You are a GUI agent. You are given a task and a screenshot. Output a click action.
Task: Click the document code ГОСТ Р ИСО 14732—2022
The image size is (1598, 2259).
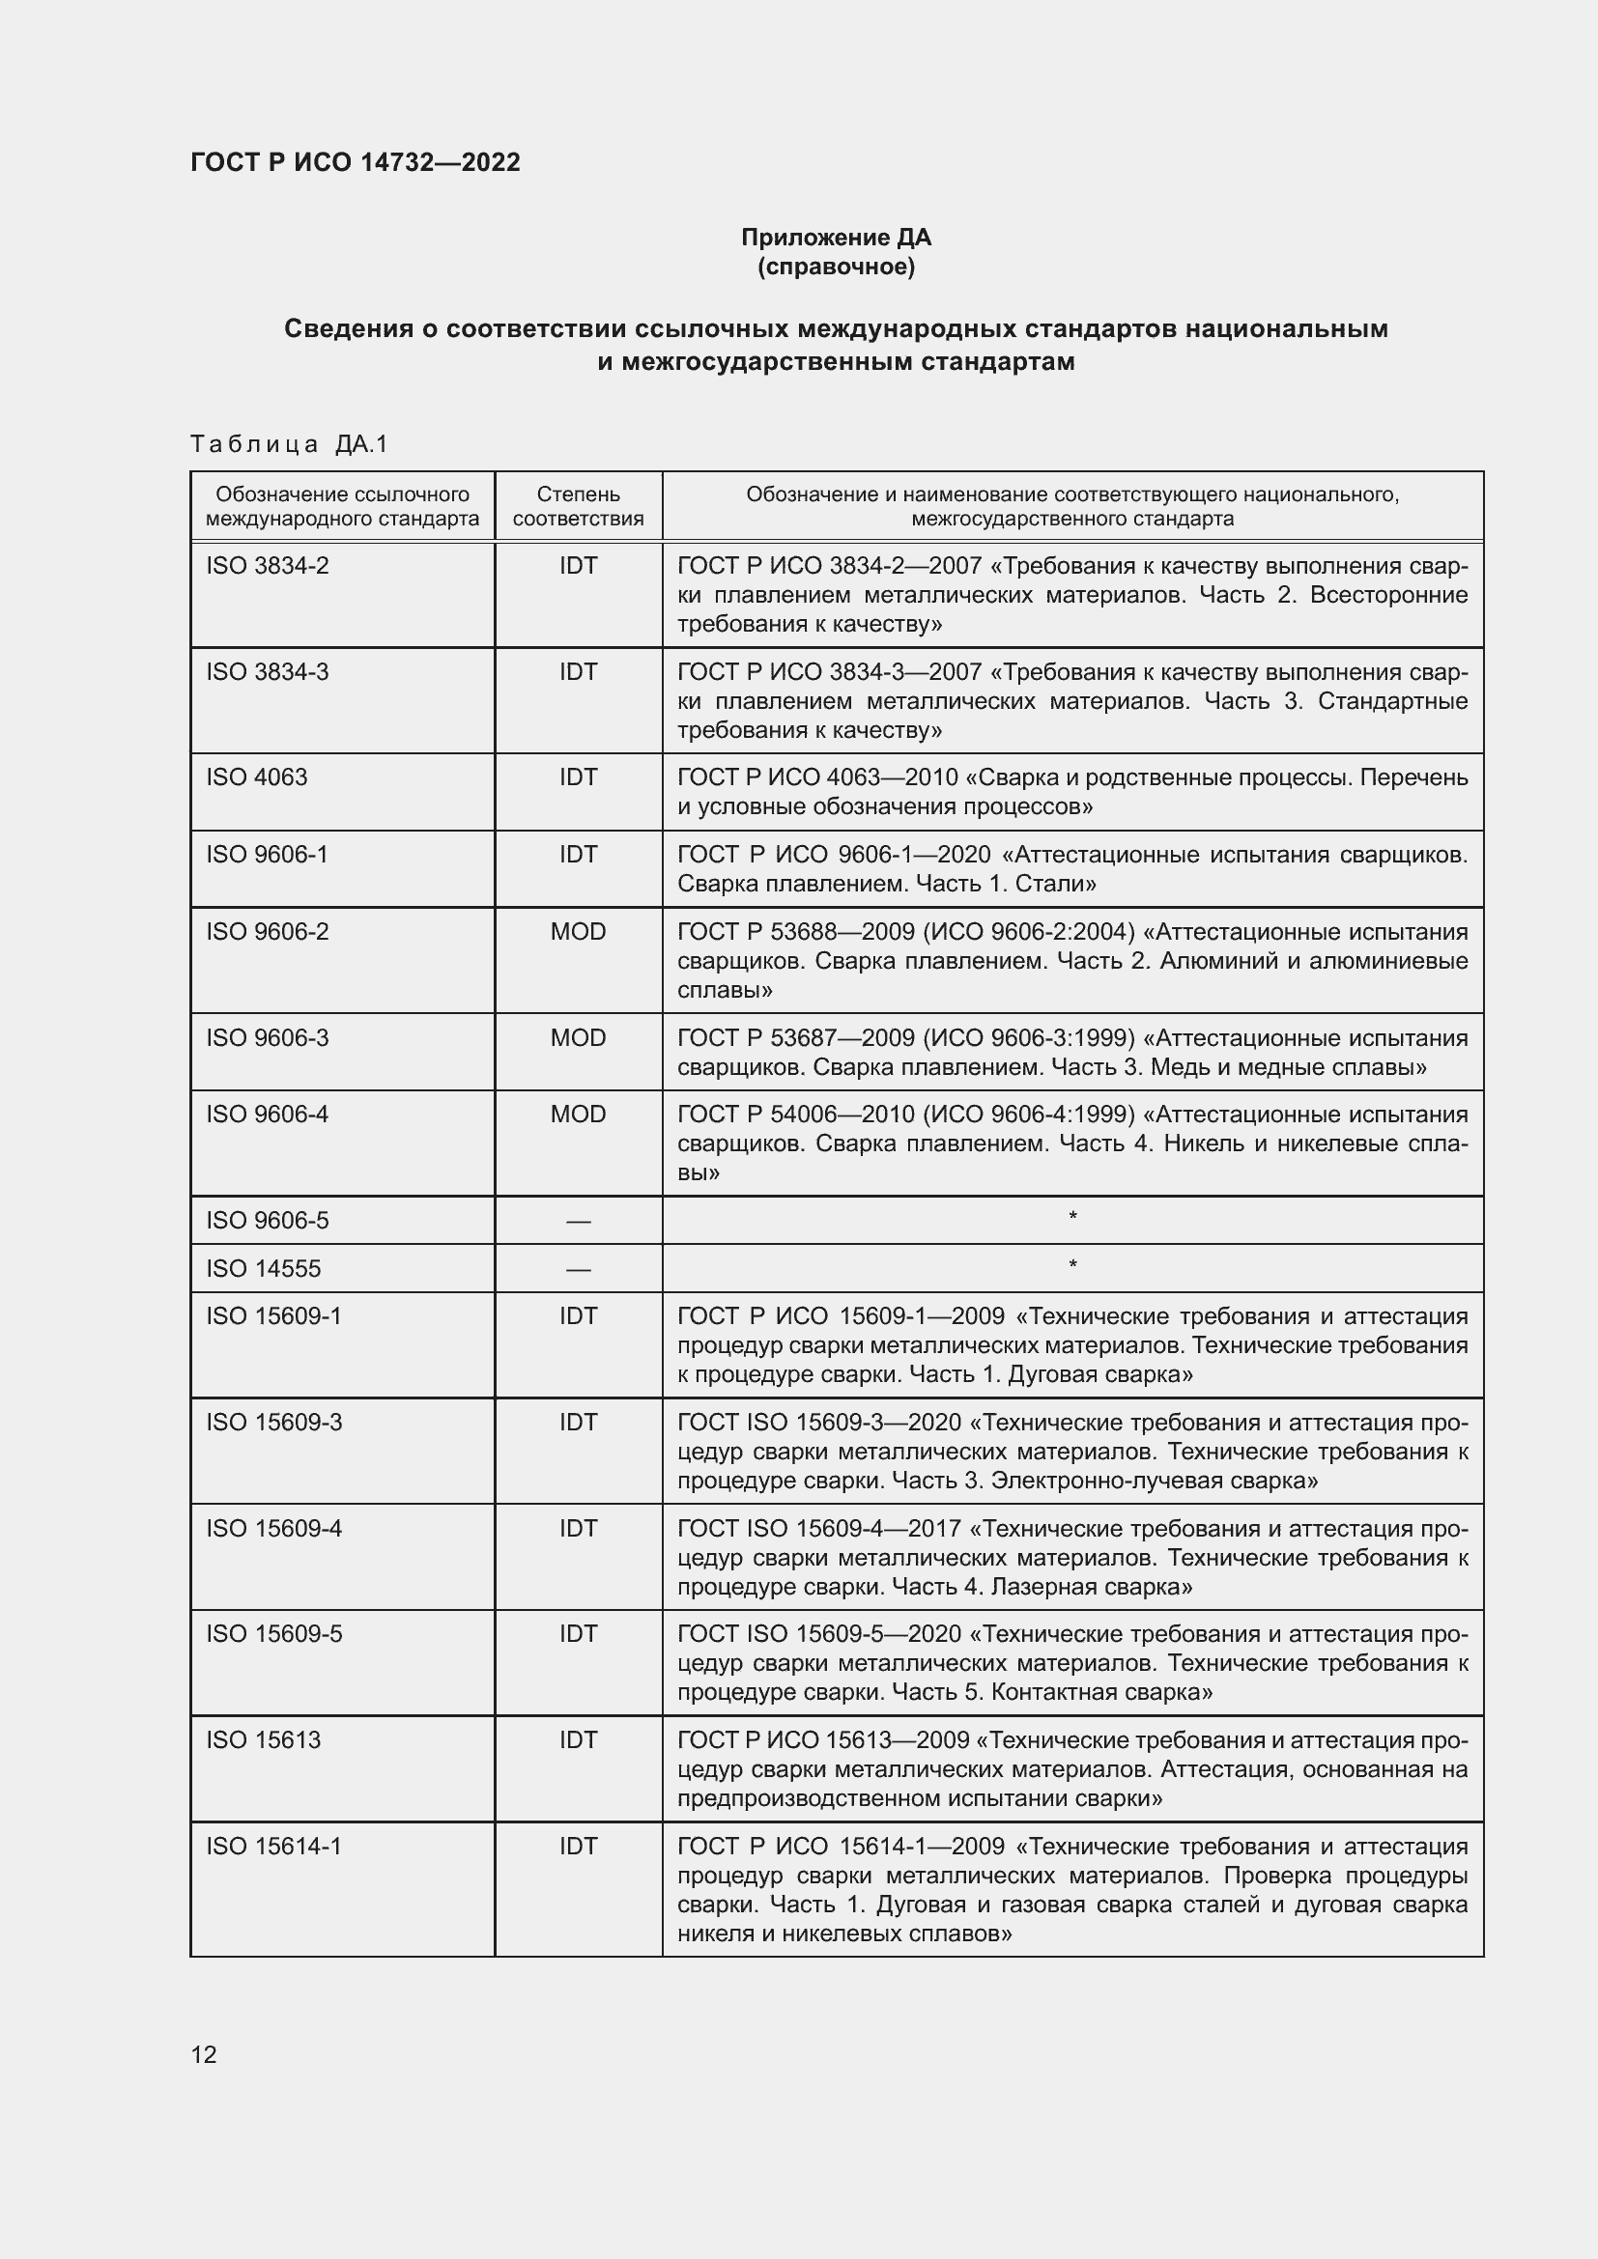pyautogui.click(x=356, y=163)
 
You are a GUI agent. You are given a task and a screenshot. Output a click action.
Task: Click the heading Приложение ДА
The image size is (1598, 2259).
pyautogui.click(x=836, y=238)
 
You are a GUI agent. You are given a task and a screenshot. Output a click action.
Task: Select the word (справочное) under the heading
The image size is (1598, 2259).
pyautogui.click(x=836, y=267)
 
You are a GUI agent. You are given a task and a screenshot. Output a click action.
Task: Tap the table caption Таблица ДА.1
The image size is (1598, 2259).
pyautogui.click(x=289, y=444)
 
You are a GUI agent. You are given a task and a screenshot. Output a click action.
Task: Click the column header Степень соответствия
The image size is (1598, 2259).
pyautogui.click(x=578, y=506)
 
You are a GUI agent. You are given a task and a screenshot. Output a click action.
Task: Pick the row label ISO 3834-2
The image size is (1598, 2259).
pyautogui.click(x=267, y=566)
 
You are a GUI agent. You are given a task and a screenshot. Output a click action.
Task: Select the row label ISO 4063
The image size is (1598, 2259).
pyautogui.click(x=257, y=777)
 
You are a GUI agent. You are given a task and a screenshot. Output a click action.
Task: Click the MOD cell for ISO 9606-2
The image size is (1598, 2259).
pyautogui.click(x=578, y=932)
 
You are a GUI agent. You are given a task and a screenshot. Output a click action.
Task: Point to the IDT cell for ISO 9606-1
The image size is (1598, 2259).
pyautogui.click(x=578, y=854)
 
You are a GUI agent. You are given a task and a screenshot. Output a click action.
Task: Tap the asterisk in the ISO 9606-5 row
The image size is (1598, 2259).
pyautogui.click(x=1072, y=1218)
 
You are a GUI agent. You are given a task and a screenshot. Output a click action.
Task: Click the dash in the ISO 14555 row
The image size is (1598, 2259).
pyautogui.click(x=578, y=1269)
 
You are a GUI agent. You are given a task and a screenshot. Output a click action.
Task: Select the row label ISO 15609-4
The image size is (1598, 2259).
pyautogui.click(x=273, y=1528)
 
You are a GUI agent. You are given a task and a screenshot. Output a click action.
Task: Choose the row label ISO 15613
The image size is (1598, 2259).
pyautogui.click(x=263, y=1739)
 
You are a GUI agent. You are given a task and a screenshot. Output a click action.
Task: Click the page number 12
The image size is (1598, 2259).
pyautogui.click(x=204, y=2054)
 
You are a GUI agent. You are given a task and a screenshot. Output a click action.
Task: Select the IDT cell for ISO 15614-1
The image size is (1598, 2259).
pyautogui.click(x=578, y=1846)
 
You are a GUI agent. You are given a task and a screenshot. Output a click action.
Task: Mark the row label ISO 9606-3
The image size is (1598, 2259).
pyautogui.click(x=267, y=1038)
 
